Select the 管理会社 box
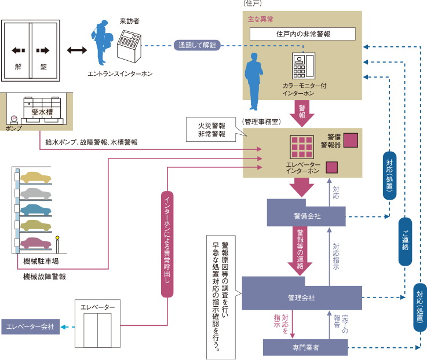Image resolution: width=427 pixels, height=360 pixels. [302, 297]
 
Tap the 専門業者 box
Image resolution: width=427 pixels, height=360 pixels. [305, 348]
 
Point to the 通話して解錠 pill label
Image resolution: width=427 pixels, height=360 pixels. [198, 45]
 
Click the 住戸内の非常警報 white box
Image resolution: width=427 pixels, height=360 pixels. [302, 34]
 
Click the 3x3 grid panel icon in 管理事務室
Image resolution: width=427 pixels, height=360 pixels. [301, 148]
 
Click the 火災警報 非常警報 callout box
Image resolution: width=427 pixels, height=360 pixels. [211, 130]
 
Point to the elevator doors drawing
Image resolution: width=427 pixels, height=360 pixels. [96, 330]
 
